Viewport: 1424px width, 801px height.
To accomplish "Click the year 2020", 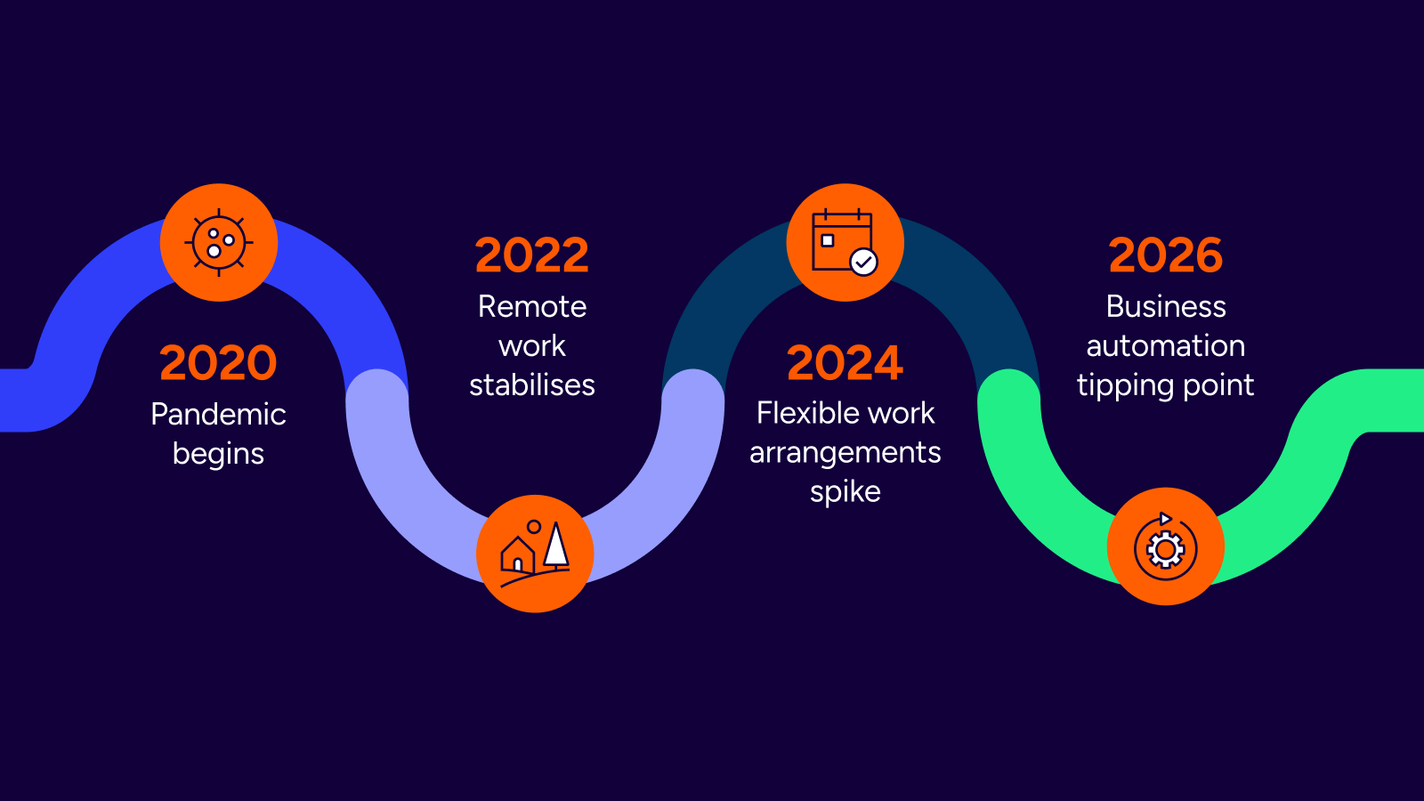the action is coord(218,363).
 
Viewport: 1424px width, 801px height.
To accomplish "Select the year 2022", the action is coord(532,255).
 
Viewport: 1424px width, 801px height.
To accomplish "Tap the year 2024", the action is coord(845,363).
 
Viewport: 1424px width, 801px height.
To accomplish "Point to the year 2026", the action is coord(1166,255).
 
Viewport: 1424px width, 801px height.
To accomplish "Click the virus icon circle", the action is coord(219,242).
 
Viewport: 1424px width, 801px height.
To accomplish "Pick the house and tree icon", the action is coord(535,554).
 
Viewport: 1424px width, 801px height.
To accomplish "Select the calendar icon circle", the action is coord(845,242).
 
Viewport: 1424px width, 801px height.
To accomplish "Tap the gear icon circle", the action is coord(1165,546).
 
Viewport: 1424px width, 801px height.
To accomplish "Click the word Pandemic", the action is coord(218,414).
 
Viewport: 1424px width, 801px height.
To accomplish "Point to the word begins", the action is coord(218,454).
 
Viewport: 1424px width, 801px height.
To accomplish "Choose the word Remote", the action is coord(532,307).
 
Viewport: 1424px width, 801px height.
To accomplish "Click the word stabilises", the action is coord(532,385).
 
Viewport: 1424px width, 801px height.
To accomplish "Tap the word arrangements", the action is coord(845,453).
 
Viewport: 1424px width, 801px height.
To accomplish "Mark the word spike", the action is coord(845,492).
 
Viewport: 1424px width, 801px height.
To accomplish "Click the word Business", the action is coord(1166,307).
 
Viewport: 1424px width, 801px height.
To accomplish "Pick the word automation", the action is coord(1166,346).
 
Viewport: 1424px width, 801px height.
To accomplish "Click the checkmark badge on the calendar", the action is coord(863,262).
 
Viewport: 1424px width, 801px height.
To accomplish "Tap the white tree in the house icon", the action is coord(556,546).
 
